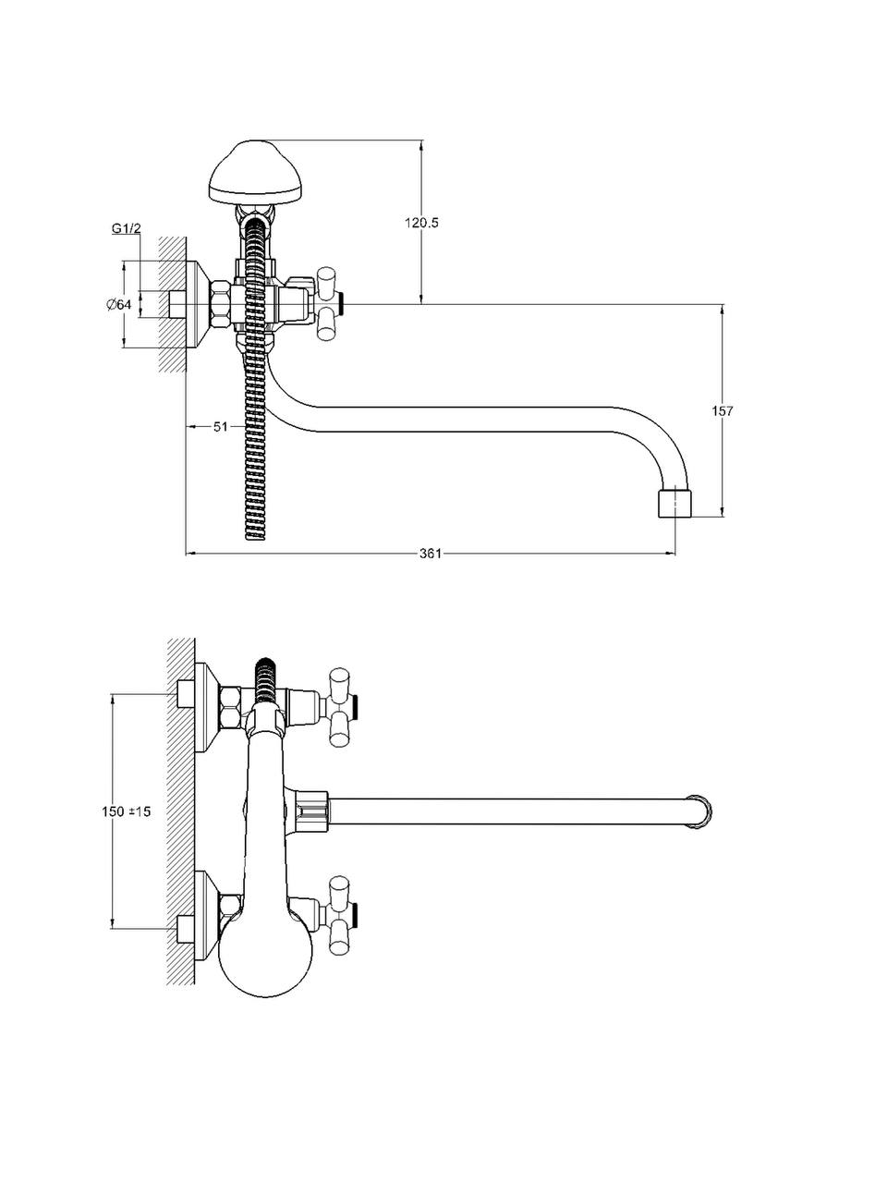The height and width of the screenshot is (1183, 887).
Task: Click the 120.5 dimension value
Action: pyautogui.click(x=421, y=223)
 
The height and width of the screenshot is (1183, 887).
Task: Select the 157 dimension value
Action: pyautogui.click(x=723, y=410)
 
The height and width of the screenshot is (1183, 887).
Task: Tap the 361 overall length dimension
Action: pyautogui.click(x=430, y=554)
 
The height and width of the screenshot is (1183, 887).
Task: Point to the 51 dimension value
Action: pyautogui.click(x=220, y=426)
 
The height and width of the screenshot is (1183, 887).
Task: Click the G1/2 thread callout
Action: pyautogui.click(x=126, y=228)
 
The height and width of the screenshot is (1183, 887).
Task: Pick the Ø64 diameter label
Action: pyautogui.click(x=119, y=305)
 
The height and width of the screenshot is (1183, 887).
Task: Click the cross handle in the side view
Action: pyautogui.click(x=328, y=301)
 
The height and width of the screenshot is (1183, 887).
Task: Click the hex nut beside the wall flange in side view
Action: pyautogui.click(x=222, y=304)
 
